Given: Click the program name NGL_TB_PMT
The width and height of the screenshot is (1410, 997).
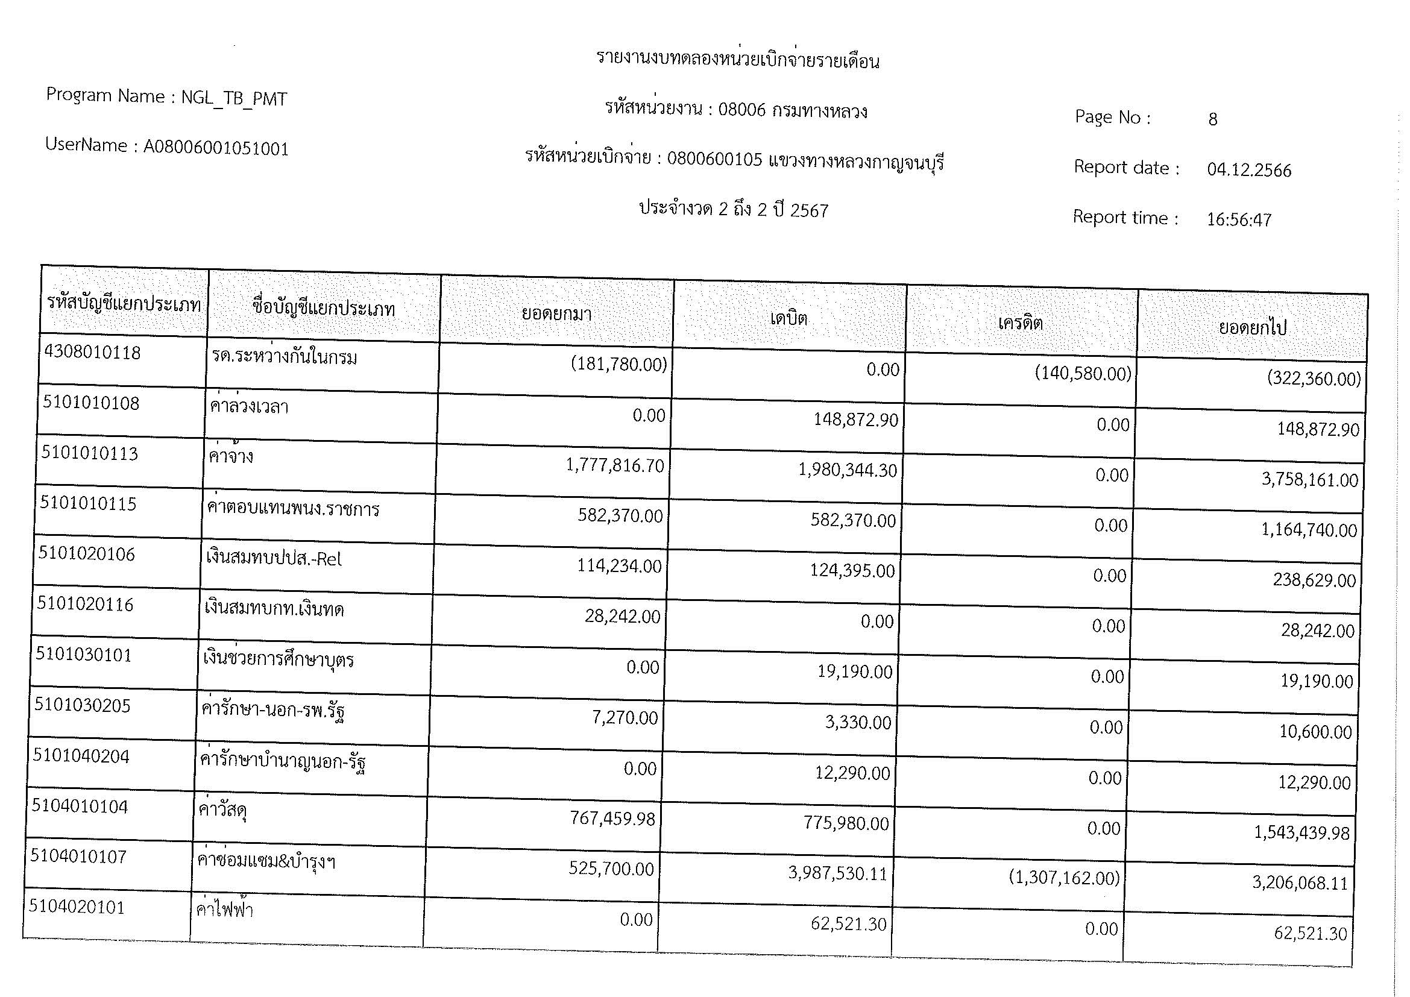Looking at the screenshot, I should click(x=233, y=98).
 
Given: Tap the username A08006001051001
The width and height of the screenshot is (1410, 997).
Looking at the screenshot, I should click(x=216, y=148).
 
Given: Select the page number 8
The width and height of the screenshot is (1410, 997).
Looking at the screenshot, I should click(x=1212, y=119).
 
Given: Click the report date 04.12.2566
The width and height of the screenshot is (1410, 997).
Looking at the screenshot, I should click(x=1249, y=170).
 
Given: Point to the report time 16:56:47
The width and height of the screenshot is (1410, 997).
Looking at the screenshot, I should click(x=1239, y=220).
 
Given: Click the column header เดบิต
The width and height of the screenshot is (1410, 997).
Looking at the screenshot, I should click(x=788, y=319).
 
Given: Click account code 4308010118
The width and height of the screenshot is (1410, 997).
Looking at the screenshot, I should click(x=93, y=353).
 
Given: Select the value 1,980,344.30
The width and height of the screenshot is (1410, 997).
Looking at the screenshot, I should click(x=848, y=471).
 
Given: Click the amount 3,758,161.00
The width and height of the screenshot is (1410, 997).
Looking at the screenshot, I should click(x=1309, y=479).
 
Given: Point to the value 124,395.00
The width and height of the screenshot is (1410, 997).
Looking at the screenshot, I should click(x=852, y=571).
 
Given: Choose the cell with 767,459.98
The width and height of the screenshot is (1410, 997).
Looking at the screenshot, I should click(x=612, y=819).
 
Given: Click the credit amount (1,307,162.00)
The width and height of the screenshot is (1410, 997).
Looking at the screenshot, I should click(x=1064, y=878).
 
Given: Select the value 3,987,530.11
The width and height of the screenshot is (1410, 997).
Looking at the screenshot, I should click(x=838, y=873).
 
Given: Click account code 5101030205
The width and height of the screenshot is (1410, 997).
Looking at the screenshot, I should click(x=83, y=705).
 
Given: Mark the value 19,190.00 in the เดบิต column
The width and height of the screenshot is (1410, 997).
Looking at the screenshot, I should click(x=854, y=671).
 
